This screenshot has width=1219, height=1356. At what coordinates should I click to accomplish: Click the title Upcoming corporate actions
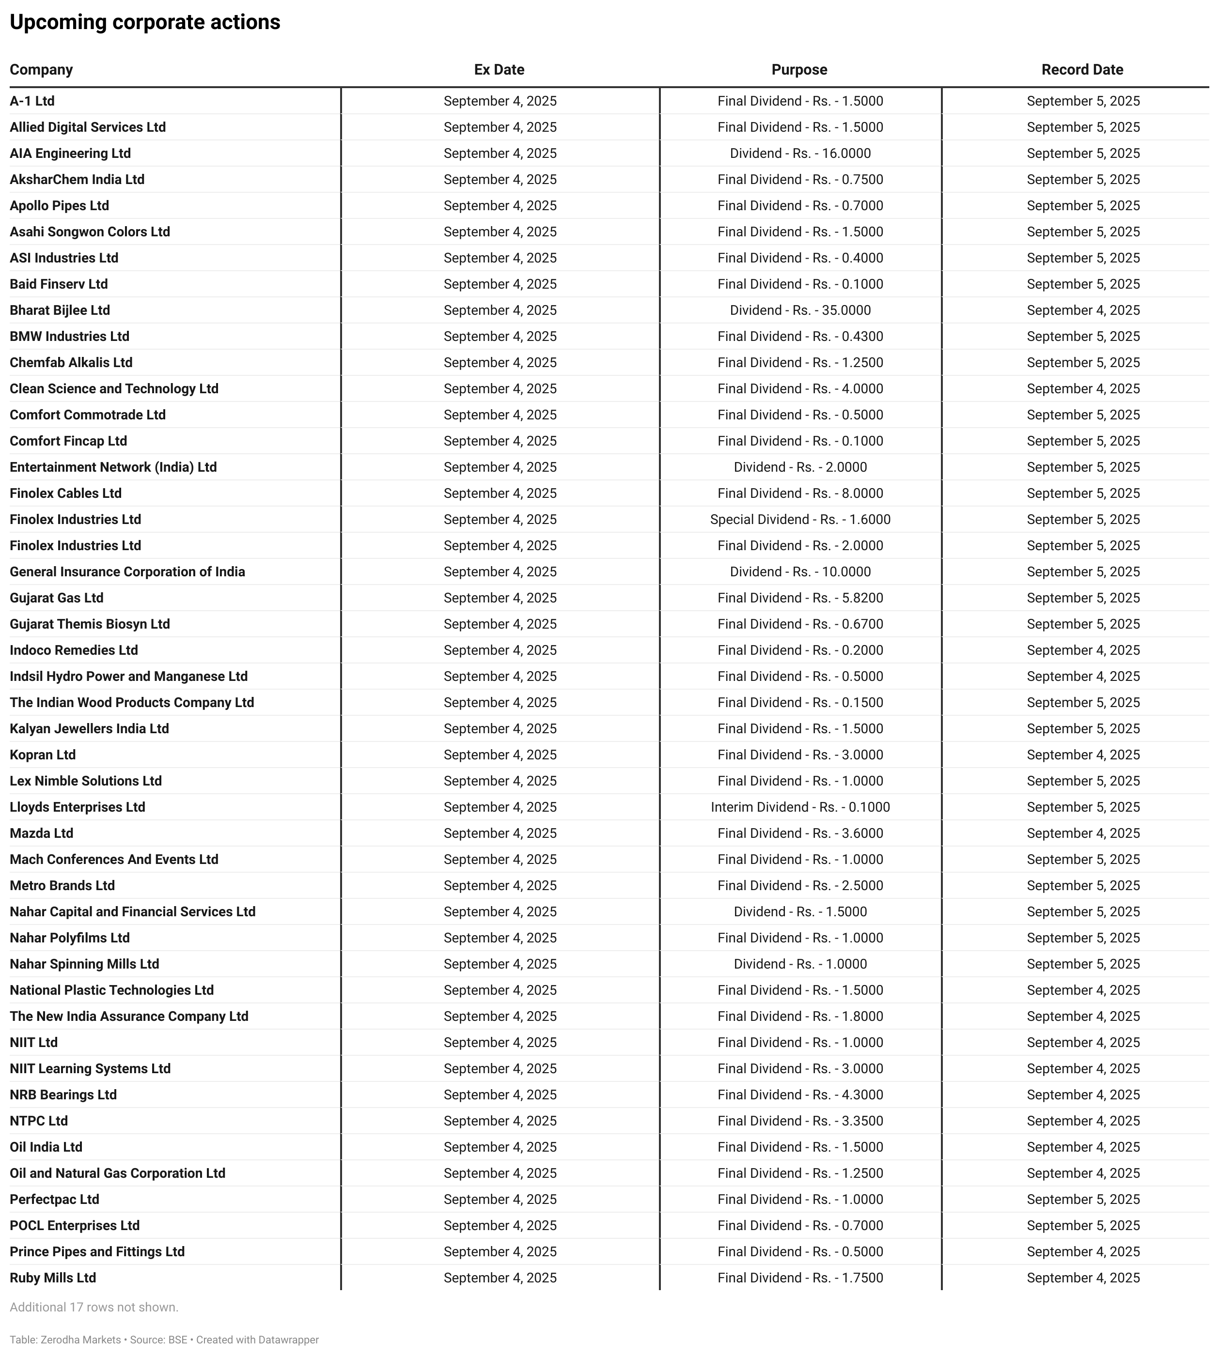145,22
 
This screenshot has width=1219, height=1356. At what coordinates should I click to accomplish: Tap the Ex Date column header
499,70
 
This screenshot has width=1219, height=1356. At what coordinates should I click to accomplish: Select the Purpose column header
799,70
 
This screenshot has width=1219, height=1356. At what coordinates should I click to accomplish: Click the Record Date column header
1082,70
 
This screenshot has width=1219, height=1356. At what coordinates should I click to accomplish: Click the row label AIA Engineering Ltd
70,154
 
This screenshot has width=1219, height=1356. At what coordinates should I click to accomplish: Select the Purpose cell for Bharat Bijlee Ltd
800,310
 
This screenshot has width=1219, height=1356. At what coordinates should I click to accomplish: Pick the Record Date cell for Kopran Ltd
1083,755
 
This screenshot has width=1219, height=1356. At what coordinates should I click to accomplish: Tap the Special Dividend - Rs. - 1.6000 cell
800,520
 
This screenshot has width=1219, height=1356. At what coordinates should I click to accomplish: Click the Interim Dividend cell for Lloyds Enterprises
800,807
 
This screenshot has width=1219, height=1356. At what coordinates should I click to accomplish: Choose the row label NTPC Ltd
39,1121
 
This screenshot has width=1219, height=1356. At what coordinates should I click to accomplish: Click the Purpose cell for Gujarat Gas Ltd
800,598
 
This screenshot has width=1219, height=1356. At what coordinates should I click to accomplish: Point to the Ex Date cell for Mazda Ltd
500,833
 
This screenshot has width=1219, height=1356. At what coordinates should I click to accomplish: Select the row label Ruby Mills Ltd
53,1278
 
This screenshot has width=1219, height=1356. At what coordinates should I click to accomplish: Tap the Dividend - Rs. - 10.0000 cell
800,572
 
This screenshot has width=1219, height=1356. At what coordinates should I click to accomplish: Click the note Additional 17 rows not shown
94,1307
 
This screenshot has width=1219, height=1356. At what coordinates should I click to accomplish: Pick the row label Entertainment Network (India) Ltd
113,467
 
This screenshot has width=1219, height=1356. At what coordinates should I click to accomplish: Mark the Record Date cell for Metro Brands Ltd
1083,885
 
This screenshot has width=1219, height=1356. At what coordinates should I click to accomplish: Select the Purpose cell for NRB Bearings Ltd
800,1095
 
